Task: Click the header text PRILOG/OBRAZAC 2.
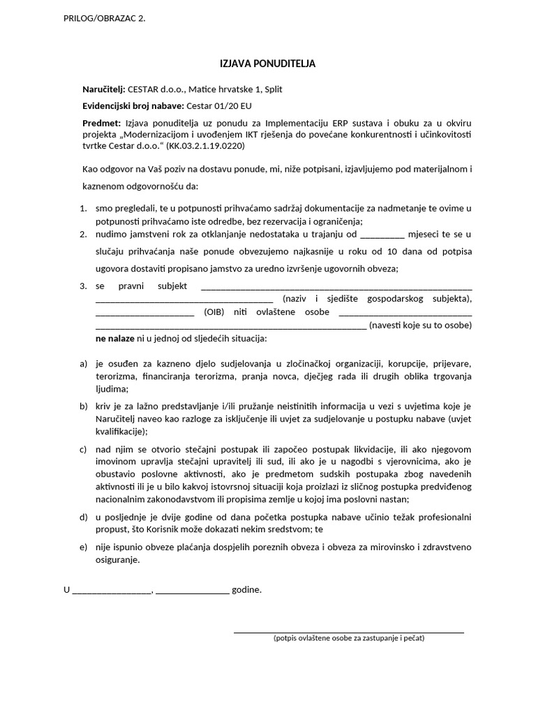click(105, 18)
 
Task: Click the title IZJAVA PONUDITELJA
click(268, 64)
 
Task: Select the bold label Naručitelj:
click(103, 89)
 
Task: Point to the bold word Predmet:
click(101, 123)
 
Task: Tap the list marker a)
click(84, 364)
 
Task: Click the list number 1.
click(83, 208)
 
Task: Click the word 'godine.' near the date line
click(247, 589)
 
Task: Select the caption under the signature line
click(349, 638)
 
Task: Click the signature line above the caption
click(349, 632)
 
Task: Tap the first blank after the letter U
click(112, 591)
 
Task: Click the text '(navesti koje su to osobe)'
click(420, 325)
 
